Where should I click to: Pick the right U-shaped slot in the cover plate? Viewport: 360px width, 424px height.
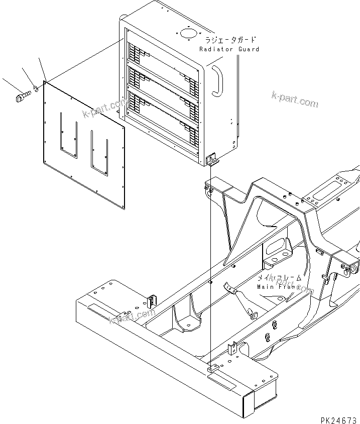pos(99,150)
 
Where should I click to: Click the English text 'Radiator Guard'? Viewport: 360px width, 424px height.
pos(229,49)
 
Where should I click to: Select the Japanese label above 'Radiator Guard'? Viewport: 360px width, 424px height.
pos(229,40)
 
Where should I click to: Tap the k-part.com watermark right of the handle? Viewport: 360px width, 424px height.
pos(295,99)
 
